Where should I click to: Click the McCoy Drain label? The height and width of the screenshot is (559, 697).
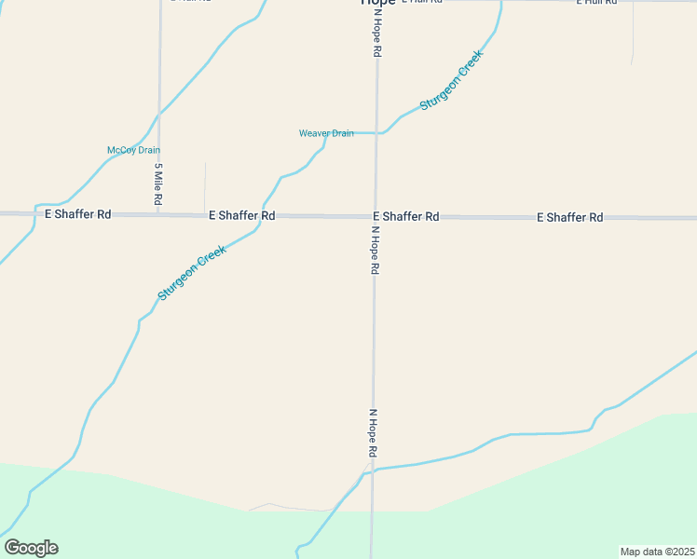134,150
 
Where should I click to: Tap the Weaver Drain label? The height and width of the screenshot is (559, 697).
326,133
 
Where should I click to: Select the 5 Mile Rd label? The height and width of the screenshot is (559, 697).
159,184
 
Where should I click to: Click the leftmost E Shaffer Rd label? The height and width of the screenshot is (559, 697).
78,214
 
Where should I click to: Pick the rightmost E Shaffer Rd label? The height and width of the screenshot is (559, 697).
569,217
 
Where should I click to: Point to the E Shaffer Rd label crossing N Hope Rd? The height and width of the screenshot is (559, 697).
406,216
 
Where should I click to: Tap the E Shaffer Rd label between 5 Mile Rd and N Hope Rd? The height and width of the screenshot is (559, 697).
241,215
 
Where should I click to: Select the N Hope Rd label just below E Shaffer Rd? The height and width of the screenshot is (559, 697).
375,250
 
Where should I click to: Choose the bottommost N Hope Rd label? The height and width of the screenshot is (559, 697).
373,432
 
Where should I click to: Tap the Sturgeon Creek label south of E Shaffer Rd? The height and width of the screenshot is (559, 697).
192,272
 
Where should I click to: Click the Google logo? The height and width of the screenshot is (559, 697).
32,548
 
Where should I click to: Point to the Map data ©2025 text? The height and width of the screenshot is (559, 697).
657,552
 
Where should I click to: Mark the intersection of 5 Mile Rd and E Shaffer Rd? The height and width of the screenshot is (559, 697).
159,214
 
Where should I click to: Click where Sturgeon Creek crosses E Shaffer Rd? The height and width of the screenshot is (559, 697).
262,215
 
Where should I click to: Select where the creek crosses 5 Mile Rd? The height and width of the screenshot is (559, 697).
159,114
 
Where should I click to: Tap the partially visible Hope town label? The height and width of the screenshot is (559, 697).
377,3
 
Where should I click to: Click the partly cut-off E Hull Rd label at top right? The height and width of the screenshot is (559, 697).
596,3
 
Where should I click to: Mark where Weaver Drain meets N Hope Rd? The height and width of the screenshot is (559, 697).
376,133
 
